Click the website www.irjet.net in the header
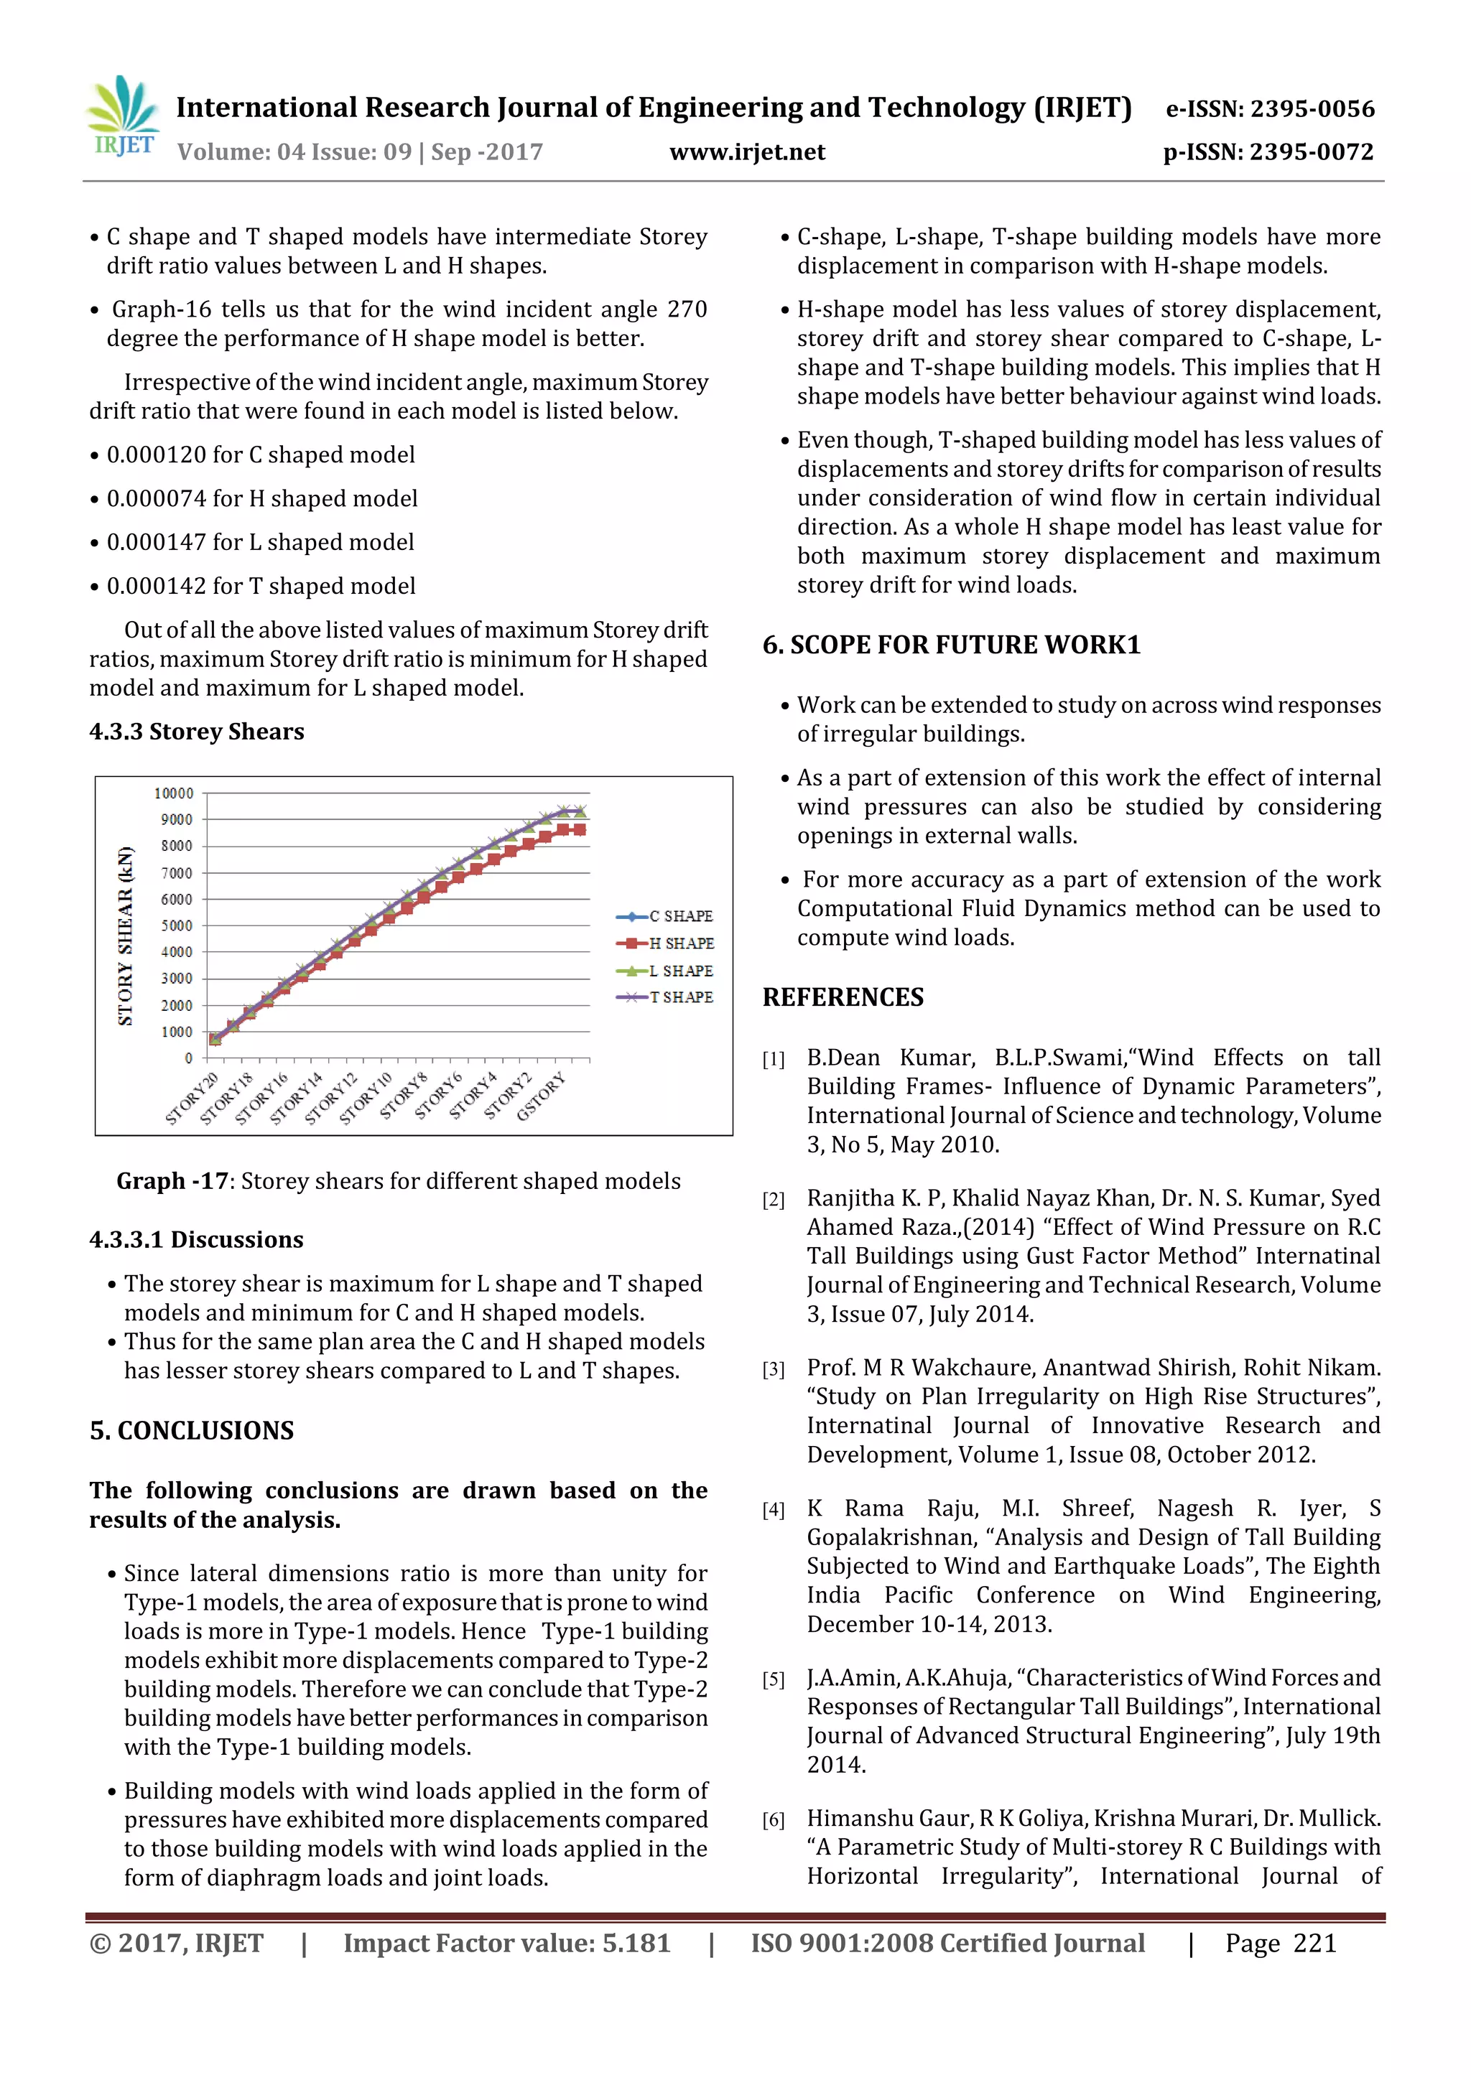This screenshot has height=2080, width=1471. click(747, 152)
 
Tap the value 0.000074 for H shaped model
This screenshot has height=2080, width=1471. click(262, 498)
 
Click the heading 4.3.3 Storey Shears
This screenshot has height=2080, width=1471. click(197, 731)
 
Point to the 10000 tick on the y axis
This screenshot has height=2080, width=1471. click(174, 793)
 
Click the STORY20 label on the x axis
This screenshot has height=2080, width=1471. click(192, 1099)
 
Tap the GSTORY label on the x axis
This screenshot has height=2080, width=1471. click(541, 1097)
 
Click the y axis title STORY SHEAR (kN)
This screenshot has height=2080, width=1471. click(125, 935)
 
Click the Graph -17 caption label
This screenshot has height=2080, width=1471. click(172, 1181)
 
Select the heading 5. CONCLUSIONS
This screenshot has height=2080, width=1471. click(192, 1430)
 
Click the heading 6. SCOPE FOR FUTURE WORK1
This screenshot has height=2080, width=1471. click(951, 645)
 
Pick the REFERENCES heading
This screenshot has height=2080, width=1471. click(843, 997)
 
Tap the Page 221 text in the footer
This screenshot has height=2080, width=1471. click(1280, 1943)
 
